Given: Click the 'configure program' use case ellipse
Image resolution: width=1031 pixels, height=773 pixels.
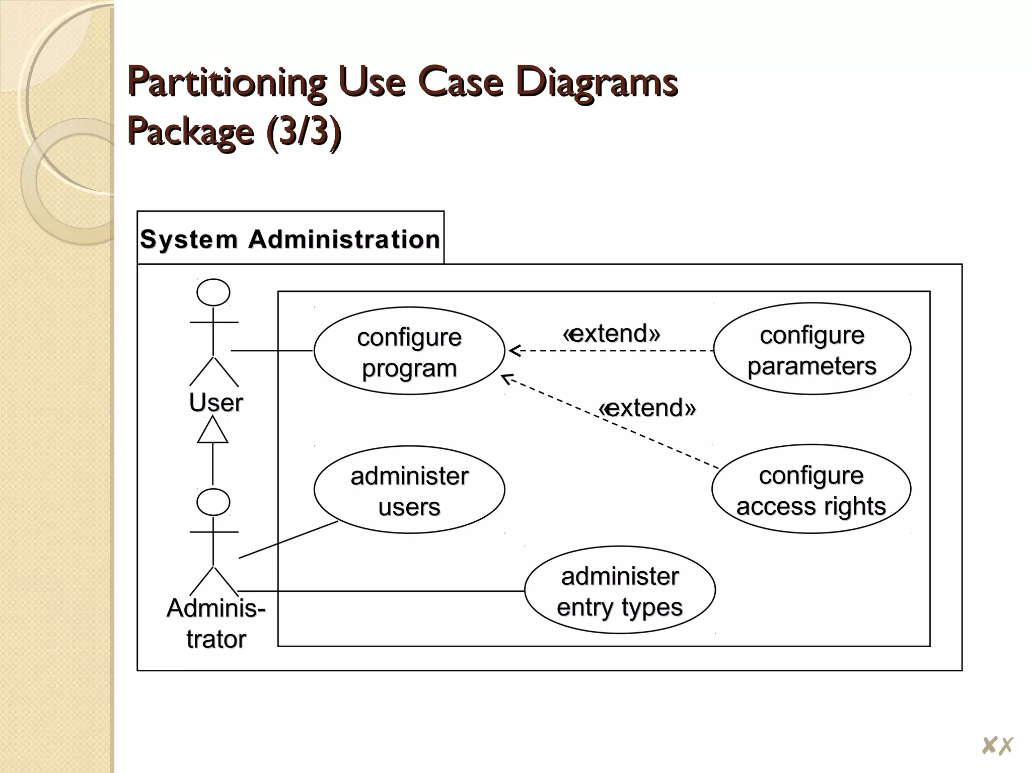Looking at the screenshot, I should click(x=409, y=351).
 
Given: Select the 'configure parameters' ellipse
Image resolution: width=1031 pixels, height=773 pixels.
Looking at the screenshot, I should click(x=812, y=349).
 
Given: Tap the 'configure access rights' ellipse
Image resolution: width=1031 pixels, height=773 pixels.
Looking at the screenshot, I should click(x=811, y=490).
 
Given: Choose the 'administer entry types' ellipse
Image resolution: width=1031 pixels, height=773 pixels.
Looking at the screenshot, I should click(x=619, y=590).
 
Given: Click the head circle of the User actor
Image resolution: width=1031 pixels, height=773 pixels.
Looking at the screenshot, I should click(x=213, y=292).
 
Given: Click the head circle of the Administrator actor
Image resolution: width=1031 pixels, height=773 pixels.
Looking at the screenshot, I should click(x=213, y=502).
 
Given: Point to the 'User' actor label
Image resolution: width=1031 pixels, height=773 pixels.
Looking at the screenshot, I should click(x=216, y=403).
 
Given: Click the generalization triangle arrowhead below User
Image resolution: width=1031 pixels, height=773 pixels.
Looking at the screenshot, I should click(x=212, y=431).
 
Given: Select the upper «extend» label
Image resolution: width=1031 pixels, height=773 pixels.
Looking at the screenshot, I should click(x=611, y=333).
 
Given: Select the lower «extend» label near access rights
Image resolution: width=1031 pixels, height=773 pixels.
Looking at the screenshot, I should click(x=647, y=408).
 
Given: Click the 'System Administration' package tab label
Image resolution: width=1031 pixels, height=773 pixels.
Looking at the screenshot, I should click(x=290, y=239).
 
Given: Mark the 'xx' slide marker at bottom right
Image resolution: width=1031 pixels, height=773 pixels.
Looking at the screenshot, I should click(x=997, y=745).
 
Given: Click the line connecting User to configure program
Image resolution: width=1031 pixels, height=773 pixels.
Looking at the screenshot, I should click(x=272, y=350).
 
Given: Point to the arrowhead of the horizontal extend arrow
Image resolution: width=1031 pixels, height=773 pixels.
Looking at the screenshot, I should click(x=513, y=350).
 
